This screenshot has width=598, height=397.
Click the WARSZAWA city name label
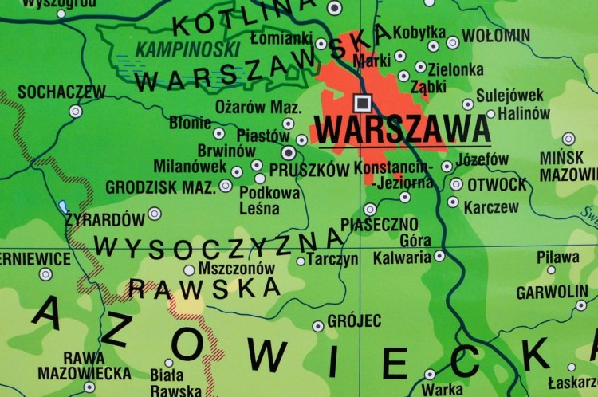(403, 128)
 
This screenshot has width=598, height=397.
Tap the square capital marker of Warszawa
(362, 101)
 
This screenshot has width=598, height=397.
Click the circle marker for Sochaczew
(75, 112)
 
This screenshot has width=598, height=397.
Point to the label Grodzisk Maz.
(160, 188)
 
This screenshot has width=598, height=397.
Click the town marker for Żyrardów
(154, 214)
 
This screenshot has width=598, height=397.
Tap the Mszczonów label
(235, 269)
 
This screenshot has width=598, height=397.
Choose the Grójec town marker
(318, 326)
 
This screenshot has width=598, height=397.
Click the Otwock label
(496, 185)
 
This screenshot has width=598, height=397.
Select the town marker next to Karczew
(453, 202)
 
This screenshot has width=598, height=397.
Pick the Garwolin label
(551, 293)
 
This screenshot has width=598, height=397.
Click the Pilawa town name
(558, 257)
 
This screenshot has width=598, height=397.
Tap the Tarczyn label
(332, 260)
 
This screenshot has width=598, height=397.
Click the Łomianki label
(281, 37)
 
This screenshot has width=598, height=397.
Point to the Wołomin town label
(496, 35)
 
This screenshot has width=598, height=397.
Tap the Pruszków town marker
(289, 152)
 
